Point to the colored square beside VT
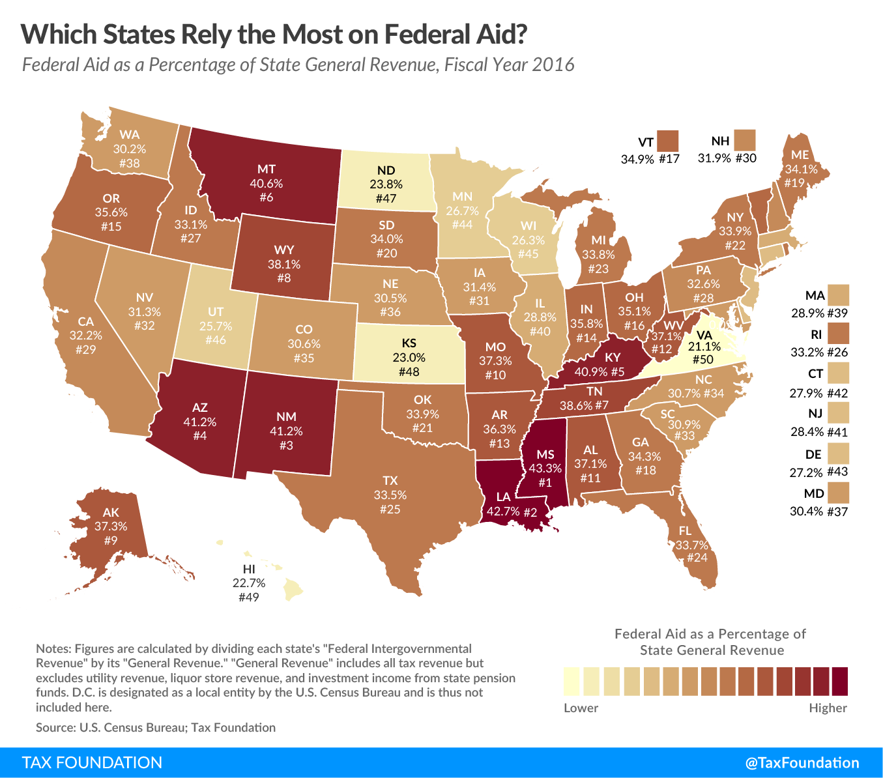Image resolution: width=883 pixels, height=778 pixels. [x=668, y=141]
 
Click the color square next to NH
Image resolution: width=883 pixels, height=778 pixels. [x=744, y=139]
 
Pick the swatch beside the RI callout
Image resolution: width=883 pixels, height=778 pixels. [x=839, y=334]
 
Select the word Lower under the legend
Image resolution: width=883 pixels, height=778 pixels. [x=581, y=708]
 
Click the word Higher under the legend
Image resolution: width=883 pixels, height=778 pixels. [x=828, y=708]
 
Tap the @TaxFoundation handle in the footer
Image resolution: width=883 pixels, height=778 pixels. [x=802, y=762]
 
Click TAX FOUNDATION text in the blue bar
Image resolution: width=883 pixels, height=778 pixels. [x=92, y=762]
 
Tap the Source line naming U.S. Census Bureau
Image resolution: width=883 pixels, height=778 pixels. [x=156, y=727]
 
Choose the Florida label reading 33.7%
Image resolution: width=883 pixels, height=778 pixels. [x=691, y=545]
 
